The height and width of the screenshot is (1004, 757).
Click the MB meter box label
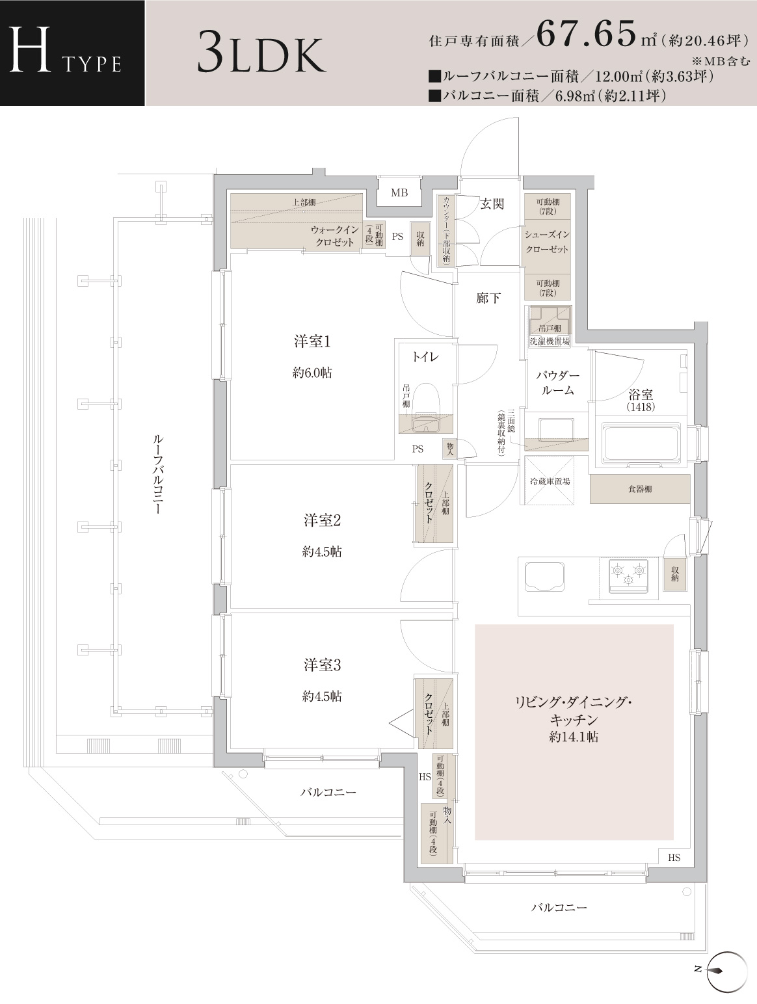click(x=399, y=193)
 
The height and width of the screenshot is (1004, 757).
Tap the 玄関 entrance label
click(x=492, y=204)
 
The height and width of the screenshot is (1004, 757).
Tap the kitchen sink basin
click(x=544, y=576)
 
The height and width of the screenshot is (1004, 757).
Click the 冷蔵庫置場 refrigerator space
click(x=550, y=481)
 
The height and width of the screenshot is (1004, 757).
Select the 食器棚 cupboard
click(x=640, y=489)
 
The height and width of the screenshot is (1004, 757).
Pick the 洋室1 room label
click(x=312, y=341)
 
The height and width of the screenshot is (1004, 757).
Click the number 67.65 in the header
click(x=587, y=33)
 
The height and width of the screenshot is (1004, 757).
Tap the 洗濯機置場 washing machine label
click(x=550, y=341)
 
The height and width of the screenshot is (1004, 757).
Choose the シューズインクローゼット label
click(x=547, y=241)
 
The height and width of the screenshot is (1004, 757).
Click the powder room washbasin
click(x=556, y=429)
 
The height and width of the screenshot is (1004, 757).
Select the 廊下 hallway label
click(x=488, y=298)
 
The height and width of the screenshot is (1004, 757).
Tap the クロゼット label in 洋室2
click(x=429, y=503)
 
